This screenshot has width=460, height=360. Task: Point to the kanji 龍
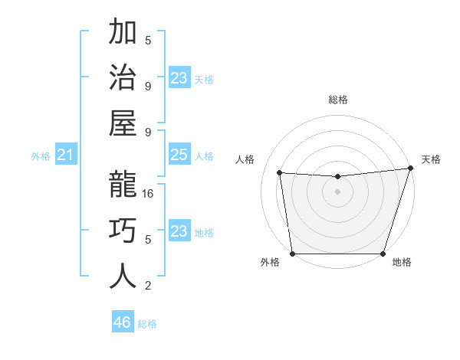pos(123,186)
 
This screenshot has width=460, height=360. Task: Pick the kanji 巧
pos(123,231)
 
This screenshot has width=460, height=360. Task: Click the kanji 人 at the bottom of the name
pos(123,277)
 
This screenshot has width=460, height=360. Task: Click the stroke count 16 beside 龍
pos(149,194)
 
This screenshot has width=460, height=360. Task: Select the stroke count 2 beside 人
pos(149,286)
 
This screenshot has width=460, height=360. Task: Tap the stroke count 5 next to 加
pos(149,41)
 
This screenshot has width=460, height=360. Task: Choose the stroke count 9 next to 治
pos(149,87)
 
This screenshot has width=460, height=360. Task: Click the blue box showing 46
pos(123,322)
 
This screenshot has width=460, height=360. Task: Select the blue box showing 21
pos(66,155)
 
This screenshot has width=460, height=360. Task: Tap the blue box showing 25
pos(179,155)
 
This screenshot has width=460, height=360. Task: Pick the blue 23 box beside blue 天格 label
pos(179,78)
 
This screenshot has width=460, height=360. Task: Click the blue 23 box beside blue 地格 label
pos(179,231)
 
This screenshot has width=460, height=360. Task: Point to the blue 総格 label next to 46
pos(147,324)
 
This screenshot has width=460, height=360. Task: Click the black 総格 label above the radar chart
pos(338,100)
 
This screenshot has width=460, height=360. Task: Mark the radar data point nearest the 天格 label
pos(410,169)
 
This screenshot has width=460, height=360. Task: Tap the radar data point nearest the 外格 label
pos(292,254)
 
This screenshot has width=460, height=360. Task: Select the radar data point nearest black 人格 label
pos(280,173)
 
